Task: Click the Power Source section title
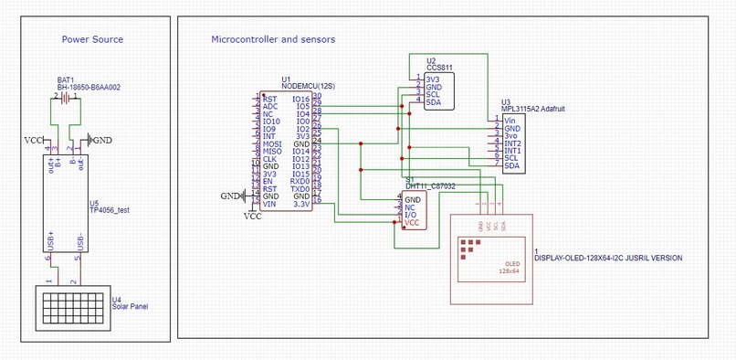point(92,40)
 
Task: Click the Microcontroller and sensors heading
point(273,40)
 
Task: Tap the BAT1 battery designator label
point(66,79)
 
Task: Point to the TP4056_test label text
point(109,210)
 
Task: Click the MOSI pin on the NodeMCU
point(271,144)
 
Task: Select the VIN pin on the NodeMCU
point(269,205)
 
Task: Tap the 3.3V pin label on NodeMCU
point(301,205)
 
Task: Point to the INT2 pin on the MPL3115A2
point(512,143)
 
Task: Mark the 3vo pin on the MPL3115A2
point(511,136)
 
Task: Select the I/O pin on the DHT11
point(411,215)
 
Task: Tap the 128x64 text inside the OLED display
point(509,271)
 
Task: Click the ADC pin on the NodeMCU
point(270,106)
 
